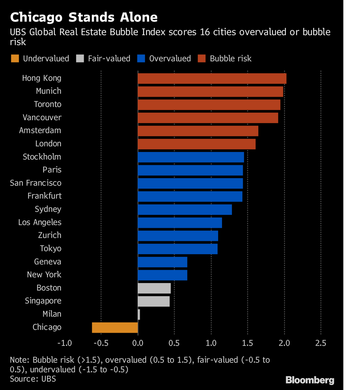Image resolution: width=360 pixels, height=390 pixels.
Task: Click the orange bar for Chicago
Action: (115, 328)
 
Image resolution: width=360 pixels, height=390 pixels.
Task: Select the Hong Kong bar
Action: (212, 78)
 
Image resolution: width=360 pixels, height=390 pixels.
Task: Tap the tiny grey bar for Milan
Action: (139, 314)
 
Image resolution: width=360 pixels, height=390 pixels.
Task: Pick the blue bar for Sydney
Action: (185, 210)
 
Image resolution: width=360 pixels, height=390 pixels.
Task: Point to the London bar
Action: (196, 144)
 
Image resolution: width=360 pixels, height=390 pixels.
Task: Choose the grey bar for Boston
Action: (154, 288)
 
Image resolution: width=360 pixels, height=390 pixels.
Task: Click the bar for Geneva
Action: (162, 262)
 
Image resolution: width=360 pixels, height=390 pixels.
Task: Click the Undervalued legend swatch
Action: (15, 58)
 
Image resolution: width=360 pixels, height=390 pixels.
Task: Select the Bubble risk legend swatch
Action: (202, 58)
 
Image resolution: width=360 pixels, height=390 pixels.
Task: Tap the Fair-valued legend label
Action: (109, 58)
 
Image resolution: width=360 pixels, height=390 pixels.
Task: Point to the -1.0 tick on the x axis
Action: (64, 344)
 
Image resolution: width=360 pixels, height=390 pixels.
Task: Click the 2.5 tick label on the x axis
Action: (321, 344)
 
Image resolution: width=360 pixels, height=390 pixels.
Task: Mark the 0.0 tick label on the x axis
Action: (138, 344)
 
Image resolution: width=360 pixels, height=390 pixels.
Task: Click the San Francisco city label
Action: (35, 183)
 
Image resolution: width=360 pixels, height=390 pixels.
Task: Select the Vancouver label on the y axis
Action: (42, 117)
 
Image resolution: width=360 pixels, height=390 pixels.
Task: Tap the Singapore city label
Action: (43, 301)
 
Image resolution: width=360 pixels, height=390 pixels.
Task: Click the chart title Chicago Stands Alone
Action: (84, 18)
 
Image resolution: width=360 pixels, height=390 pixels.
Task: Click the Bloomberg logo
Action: (310, 380)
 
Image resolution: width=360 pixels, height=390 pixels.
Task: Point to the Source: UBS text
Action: (33, 379)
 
